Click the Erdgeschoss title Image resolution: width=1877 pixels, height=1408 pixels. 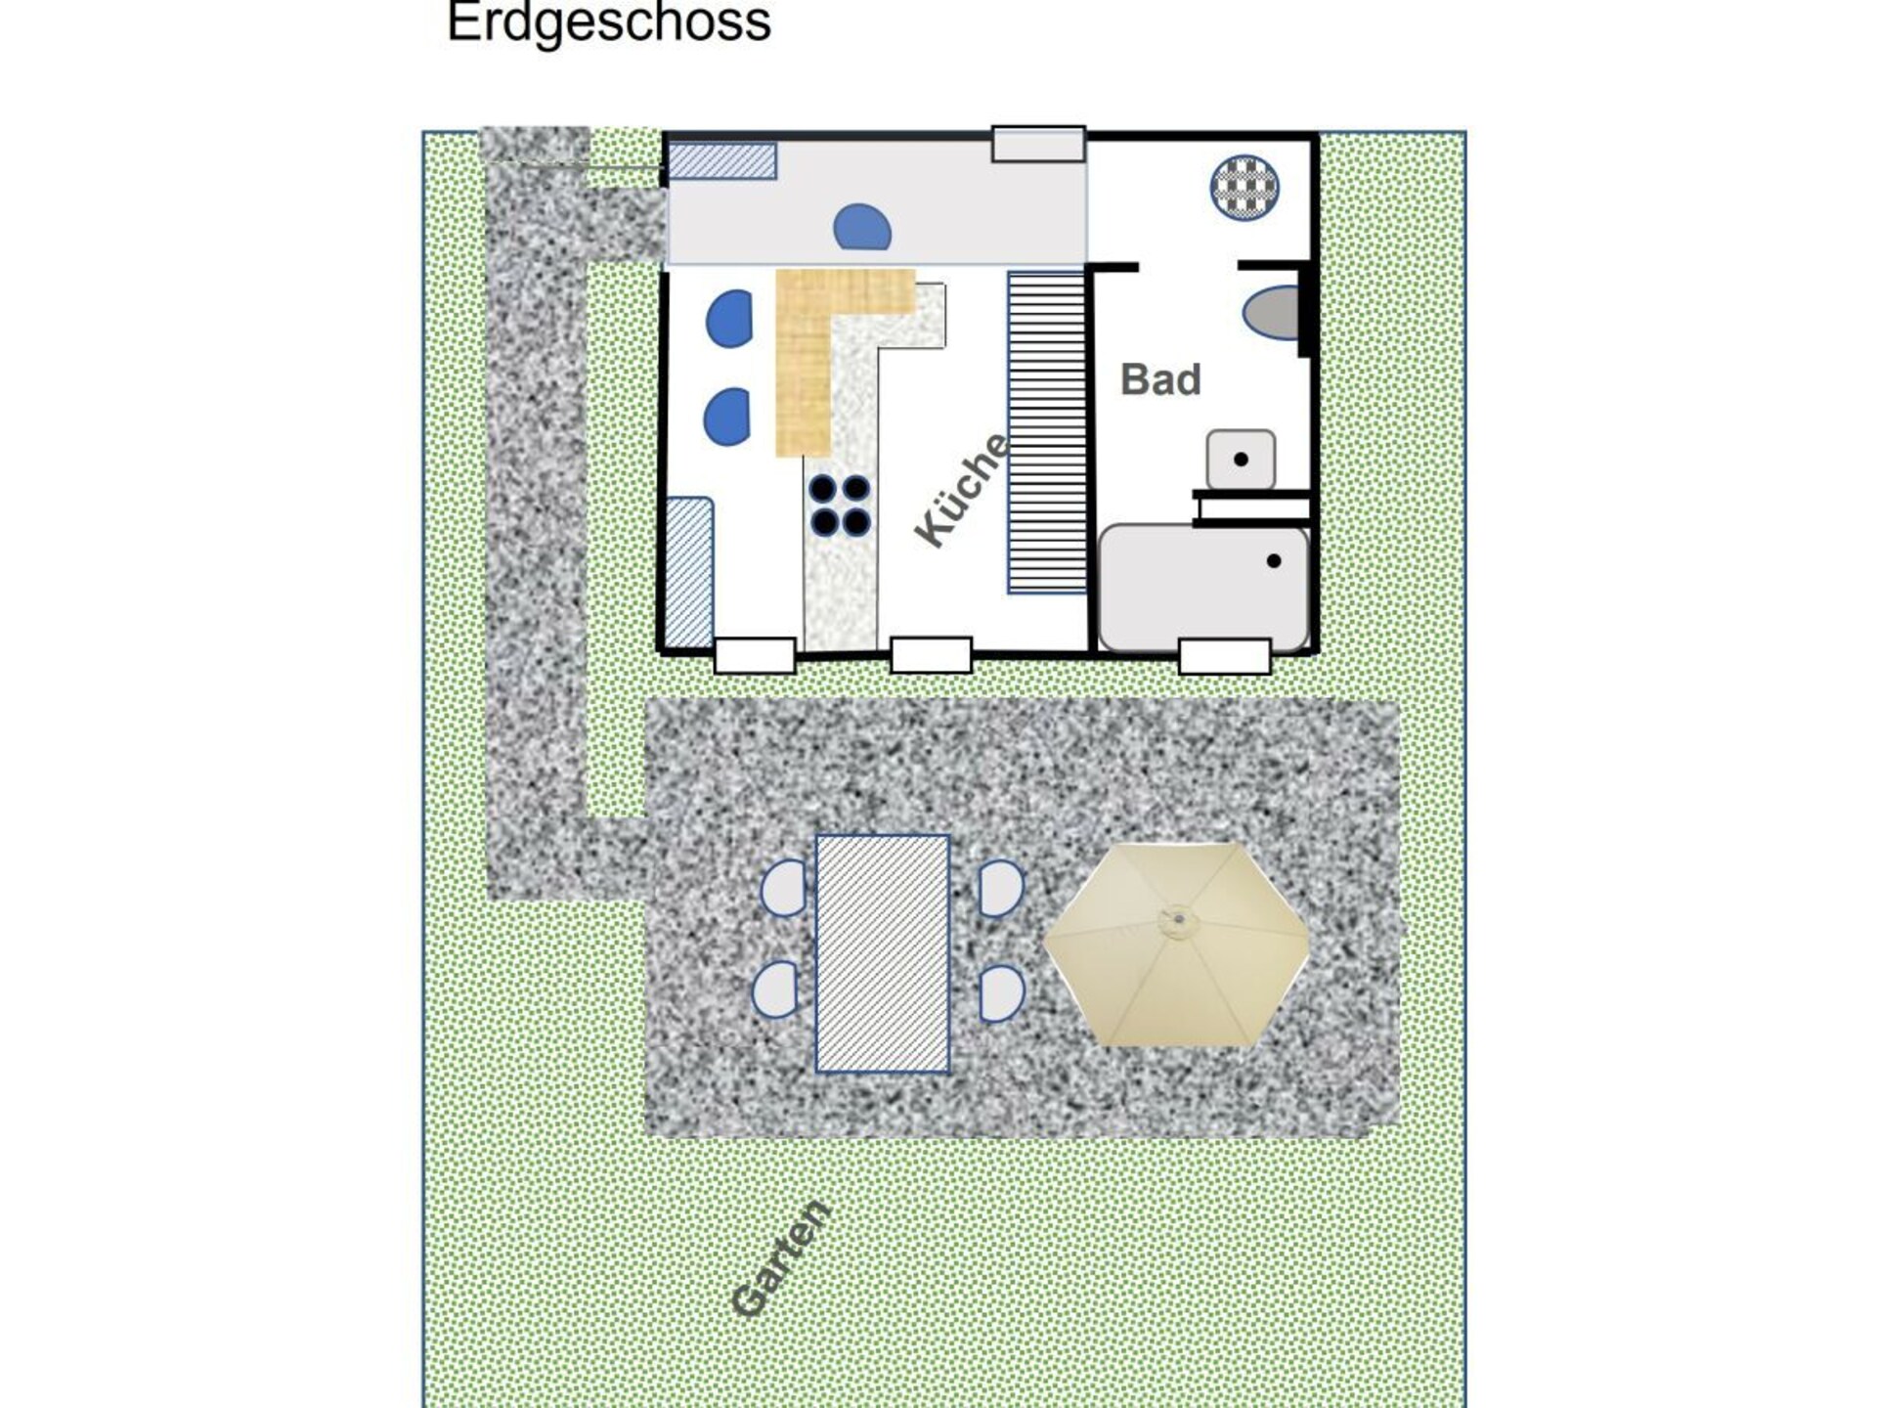[x=609, y=22]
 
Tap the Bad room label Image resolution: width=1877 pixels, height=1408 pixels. [x=1160, y=379]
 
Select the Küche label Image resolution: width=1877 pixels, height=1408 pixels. [x=961, y=489]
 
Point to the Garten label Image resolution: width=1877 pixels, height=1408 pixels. [x=781, y=1258]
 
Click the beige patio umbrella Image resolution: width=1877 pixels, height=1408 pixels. [x=1176, y=945]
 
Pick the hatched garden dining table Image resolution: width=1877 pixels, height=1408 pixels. [x=882, y=953]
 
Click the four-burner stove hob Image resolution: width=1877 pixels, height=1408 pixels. [x=840, y=506]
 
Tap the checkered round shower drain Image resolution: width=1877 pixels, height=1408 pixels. [x=1244, y=187]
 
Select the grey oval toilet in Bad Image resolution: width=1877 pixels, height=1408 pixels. [x=1271, y=313]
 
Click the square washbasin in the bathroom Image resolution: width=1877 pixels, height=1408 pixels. [x=1241, y=460]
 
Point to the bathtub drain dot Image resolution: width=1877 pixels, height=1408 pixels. [x=1274, y=561]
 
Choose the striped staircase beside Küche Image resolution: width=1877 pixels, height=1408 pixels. [x=1047, y=433]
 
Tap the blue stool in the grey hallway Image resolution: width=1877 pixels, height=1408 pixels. [x=862, y=227]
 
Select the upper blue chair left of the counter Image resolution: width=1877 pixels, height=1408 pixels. [x=729, y=319]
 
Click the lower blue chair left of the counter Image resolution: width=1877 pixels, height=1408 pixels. [x=727, y=417]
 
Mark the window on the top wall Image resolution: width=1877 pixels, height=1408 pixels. [x=1038, y=144]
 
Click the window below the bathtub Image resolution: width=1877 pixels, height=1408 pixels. [x=1224, y=656]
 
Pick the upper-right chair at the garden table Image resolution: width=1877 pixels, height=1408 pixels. [x=1000, y=888]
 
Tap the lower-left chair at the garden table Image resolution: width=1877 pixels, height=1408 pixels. [x=775, y=990]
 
